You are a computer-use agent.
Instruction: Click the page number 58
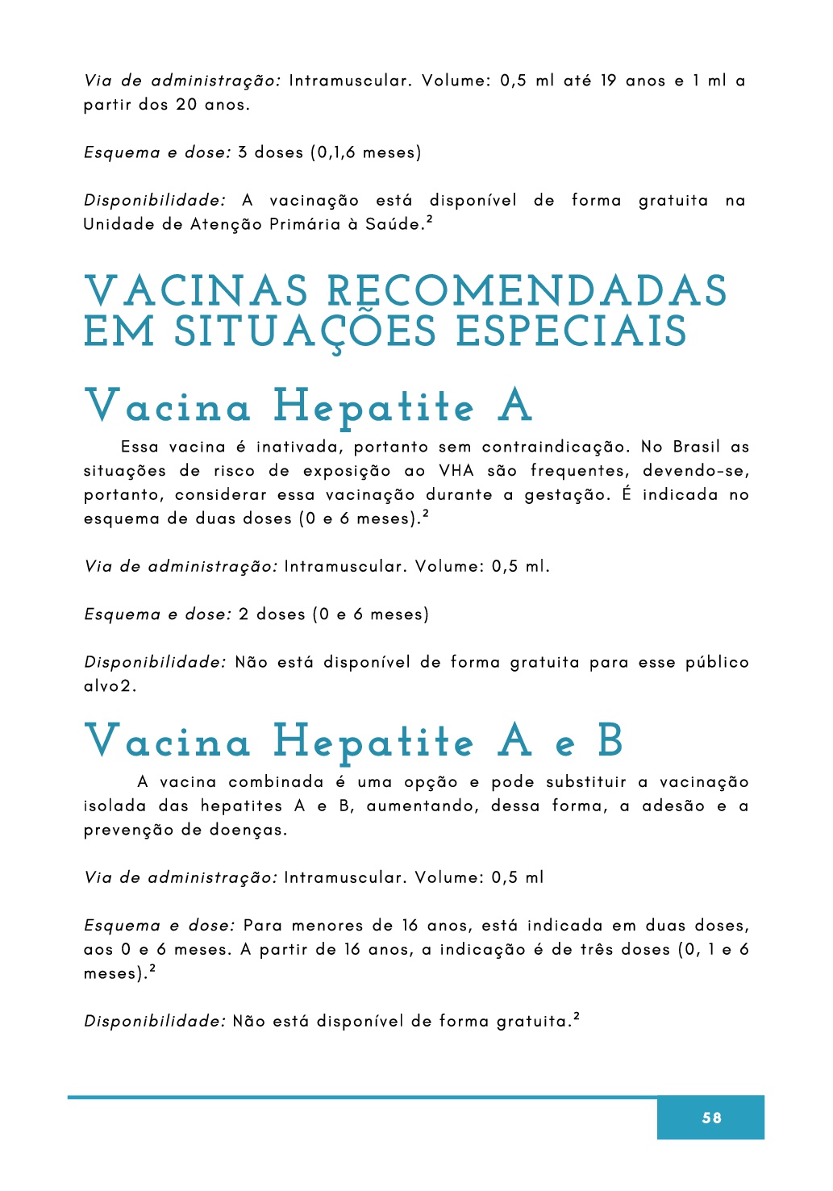711,1118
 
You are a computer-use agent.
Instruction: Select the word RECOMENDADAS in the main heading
527,292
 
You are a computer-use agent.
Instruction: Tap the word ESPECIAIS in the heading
571,332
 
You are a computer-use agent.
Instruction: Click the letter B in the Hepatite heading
610,740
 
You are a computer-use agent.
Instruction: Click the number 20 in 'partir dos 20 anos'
186,105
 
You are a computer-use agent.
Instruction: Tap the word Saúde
394,224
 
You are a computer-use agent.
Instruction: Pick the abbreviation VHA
456,471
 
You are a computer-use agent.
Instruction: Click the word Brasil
697,447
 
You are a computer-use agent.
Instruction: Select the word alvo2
110,686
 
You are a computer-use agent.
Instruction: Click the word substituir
585,782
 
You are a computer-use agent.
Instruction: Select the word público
717,663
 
